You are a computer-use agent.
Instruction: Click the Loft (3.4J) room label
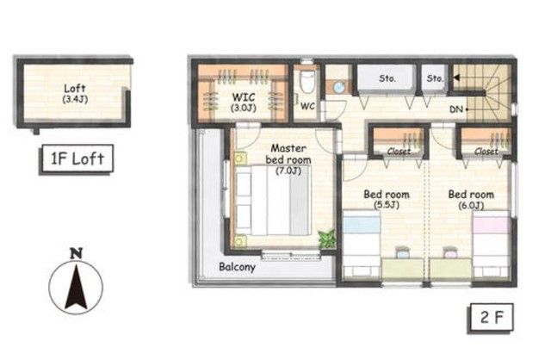click(x=75, y=94)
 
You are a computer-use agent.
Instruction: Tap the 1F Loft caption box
click(x=77, y=159)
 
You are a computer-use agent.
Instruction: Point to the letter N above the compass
click(x=77, y=253)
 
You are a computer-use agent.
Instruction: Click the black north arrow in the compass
click(x=76, y=287)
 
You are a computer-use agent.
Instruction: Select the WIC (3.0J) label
click(x=243, y=102)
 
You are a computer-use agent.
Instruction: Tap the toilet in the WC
click(x=307, y=82)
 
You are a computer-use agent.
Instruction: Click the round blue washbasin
click(x=339, y=87)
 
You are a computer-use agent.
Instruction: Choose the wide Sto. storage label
click(x=387, y=78)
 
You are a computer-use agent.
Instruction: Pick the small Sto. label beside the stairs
click(x=435, y=78)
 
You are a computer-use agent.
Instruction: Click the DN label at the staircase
click(x=456, y=109)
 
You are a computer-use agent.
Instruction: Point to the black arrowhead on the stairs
click(x=456, y=77)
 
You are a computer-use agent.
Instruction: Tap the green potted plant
click(x=327, y=239)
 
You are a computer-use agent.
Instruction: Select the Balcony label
click(x=237, y=267)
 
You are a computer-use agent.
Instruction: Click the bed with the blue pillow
click(x=362, y=244)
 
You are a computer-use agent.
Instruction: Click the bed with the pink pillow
click(x=492, y=244)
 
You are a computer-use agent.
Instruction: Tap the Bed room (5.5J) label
click(x=387, y=199)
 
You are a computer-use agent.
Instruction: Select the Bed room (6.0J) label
click(x=471, y=199)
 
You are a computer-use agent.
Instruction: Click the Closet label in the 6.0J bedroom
click(x=486, y=152)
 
